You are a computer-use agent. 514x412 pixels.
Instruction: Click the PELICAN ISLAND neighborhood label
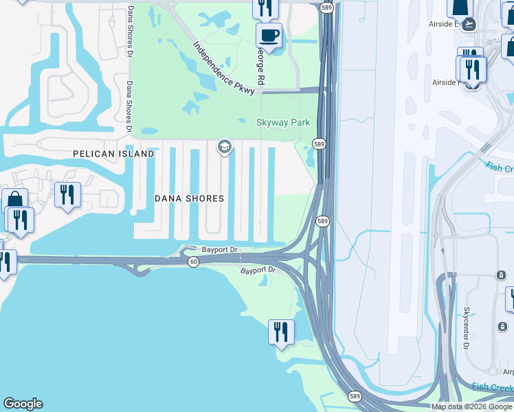click(113, 154)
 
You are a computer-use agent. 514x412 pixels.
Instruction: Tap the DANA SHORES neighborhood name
click(189, 198)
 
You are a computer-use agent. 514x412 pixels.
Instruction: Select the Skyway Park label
click(283, 123)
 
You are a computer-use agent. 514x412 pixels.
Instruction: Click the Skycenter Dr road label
click(467, 328)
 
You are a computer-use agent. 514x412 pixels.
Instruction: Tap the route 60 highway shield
click(194, 262)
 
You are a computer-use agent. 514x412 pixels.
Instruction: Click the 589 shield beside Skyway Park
click(319, 144)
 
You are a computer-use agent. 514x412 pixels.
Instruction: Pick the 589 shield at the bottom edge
click(355, 397)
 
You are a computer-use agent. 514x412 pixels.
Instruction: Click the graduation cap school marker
click(223, 146)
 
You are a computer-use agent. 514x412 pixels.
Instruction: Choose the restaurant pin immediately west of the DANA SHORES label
click(67, 194)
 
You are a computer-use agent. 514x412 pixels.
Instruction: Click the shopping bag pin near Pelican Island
click(14, 201)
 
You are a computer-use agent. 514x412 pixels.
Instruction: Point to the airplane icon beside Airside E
click(470, 24)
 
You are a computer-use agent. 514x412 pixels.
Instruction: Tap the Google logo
click(23, 404)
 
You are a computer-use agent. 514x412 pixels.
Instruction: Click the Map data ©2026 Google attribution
click(471, 407)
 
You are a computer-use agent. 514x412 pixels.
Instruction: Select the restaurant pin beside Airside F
click(472, 69)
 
